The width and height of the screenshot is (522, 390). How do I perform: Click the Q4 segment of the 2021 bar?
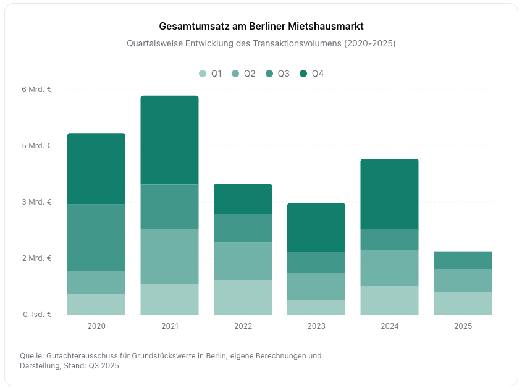[169, 140]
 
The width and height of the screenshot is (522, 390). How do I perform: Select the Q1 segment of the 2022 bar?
[243, 297]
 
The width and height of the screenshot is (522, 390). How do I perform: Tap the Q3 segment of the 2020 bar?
[96, 237]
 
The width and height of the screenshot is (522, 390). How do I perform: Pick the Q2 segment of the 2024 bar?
[389, 268]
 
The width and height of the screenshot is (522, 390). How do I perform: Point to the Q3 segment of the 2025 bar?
[463, 260]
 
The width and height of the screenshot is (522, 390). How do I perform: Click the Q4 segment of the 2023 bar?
[316, 227]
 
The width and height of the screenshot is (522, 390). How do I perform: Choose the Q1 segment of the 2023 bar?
[316, 307]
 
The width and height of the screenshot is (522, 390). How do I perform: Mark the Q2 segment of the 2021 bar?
[169, 256]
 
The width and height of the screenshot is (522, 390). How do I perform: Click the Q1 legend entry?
[210, 74]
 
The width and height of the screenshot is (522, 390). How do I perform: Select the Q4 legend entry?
[311, 74]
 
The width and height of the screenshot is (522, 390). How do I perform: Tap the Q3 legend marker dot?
[270, 74]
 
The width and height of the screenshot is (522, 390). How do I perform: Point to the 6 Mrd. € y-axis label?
[36, 90]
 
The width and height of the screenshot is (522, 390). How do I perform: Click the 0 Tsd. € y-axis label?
[36, 315]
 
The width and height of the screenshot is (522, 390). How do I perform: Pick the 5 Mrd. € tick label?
[36, 146]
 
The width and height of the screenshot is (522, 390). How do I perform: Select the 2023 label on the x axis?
[316, 326]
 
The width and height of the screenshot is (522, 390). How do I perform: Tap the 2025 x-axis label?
[463, 326]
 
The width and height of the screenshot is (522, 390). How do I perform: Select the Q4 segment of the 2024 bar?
[389, 194]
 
